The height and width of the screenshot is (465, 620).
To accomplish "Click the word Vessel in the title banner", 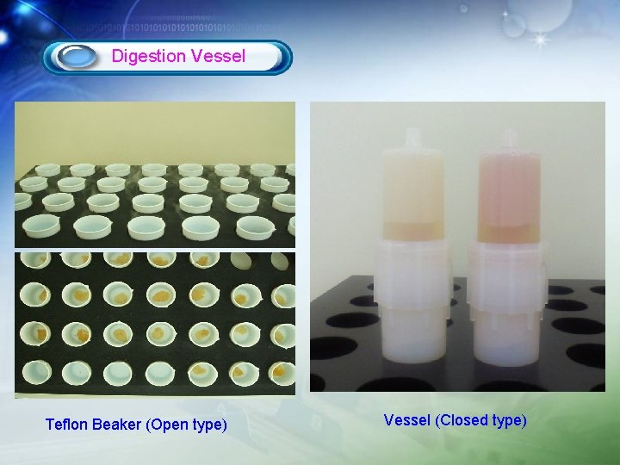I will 218,57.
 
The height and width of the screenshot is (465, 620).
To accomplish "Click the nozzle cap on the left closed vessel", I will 412,139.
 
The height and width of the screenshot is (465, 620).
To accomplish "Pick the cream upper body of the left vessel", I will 412,185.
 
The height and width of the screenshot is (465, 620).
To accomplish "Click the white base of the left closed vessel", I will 412,344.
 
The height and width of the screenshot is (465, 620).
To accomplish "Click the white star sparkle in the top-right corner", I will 541,40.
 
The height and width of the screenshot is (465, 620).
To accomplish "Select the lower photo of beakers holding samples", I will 155,323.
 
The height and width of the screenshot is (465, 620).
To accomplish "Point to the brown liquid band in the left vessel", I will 412,230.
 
